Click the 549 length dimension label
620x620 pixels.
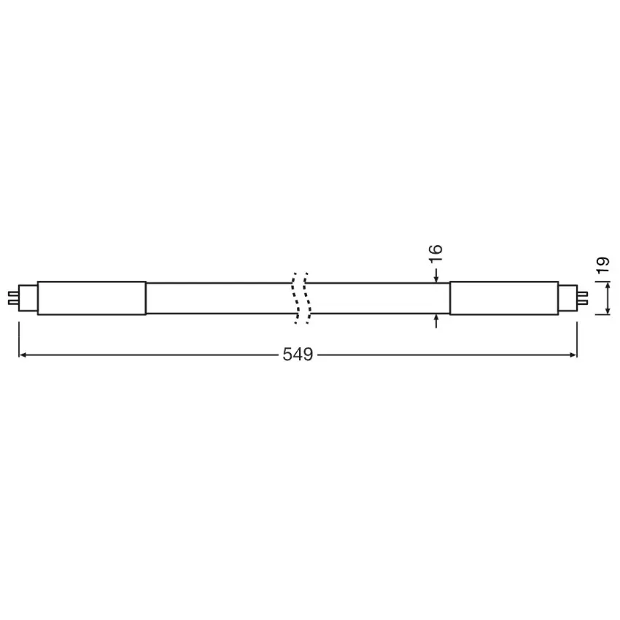pos(298,354)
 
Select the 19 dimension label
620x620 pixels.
pos(603,265)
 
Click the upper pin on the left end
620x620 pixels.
pos(12,294)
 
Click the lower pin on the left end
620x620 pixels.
pos(12,303)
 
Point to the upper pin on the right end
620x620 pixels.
pos(583,294)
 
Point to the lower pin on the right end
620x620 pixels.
pos(583,303)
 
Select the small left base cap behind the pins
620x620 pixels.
pos(28,298)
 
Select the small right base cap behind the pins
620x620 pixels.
pos(568,298)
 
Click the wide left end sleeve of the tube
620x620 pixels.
pos(92,298)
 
